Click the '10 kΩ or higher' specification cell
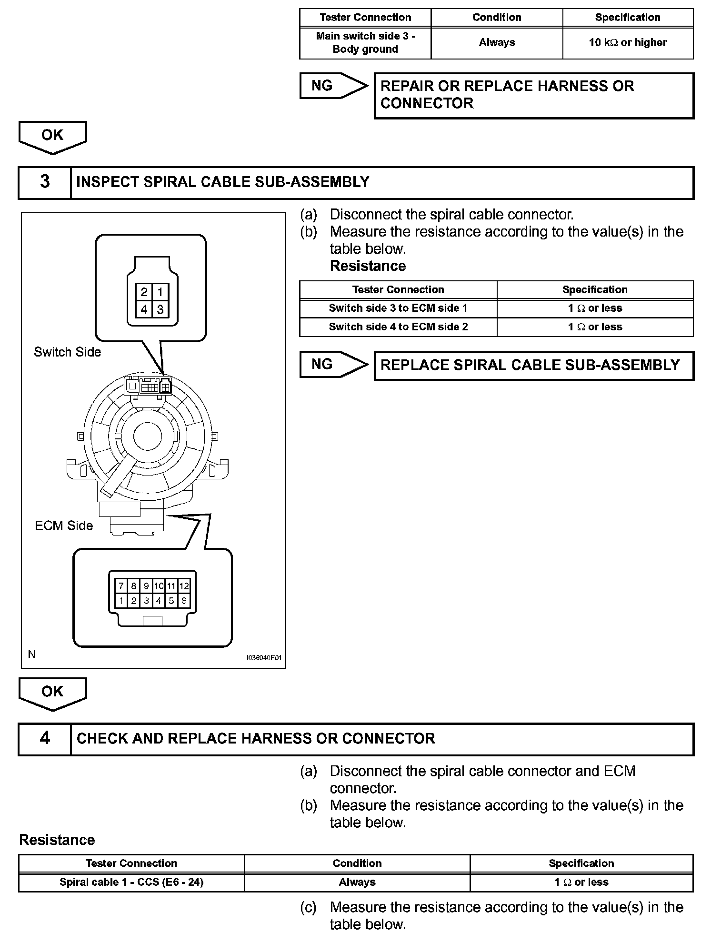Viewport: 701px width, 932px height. pos(628,43)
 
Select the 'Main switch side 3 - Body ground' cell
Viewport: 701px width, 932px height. pos(365,43)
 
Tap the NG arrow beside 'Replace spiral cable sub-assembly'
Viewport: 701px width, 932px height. pos(333,365)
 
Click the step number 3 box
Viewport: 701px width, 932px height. pos(45,182)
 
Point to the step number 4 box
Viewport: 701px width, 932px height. pos(45,738)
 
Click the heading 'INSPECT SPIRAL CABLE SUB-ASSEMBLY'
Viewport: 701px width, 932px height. pos(223,182)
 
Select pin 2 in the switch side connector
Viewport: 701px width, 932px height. pos(144,292)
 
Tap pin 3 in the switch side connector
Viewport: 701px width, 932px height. pos(160,309)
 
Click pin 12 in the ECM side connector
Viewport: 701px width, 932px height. pos(184,586)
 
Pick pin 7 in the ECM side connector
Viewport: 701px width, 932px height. pos(121,586)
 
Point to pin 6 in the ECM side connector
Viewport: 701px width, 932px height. pos(184,601)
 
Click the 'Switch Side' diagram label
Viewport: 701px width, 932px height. pos(68,352)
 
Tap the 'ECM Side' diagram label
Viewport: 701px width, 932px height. pos(64,525)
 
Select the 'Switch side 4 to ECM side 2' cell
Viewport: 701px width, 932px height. pos(398,327)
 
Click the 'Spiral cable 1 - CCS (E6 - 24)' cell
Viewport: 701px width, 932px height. pos(131,882)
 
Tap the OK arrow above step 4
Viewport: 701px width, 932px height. pos(52,693)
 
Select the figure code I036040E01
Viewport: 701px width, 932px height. pos(264,658)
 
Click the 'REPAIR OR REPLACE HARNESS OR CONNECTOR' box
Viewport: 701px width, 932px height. pos(533,95)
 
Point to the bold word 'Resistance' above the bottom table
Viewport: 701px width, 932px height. pos(57,840)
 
